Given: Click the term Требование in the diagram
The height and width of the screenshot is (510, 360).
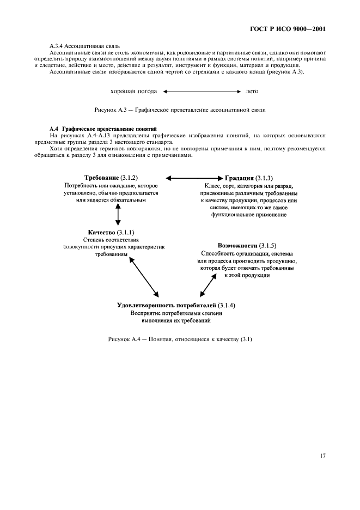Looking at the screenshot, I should [102, 178].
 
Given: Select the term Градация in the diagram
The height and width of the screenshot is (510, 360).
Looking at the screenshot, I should [239, 178].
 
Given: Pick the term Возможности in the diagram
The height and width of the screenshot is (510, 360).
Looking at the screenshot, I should [237, 246].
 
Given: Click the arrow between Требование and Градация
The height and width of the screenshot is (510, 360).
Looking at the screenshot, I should [194, 178].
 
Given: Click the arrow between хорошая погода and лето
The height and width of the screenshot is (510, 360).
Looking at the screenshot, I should [201, 92].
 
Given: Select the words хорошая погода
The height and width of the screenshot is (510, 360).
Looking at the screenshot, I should [133, 92].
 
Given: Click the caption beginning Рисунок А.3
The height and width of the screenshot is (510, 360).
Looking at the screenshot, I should [180, 110].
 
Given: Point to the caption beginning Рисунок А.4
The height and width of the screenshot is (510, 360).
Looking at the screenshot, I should [180, 340].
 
